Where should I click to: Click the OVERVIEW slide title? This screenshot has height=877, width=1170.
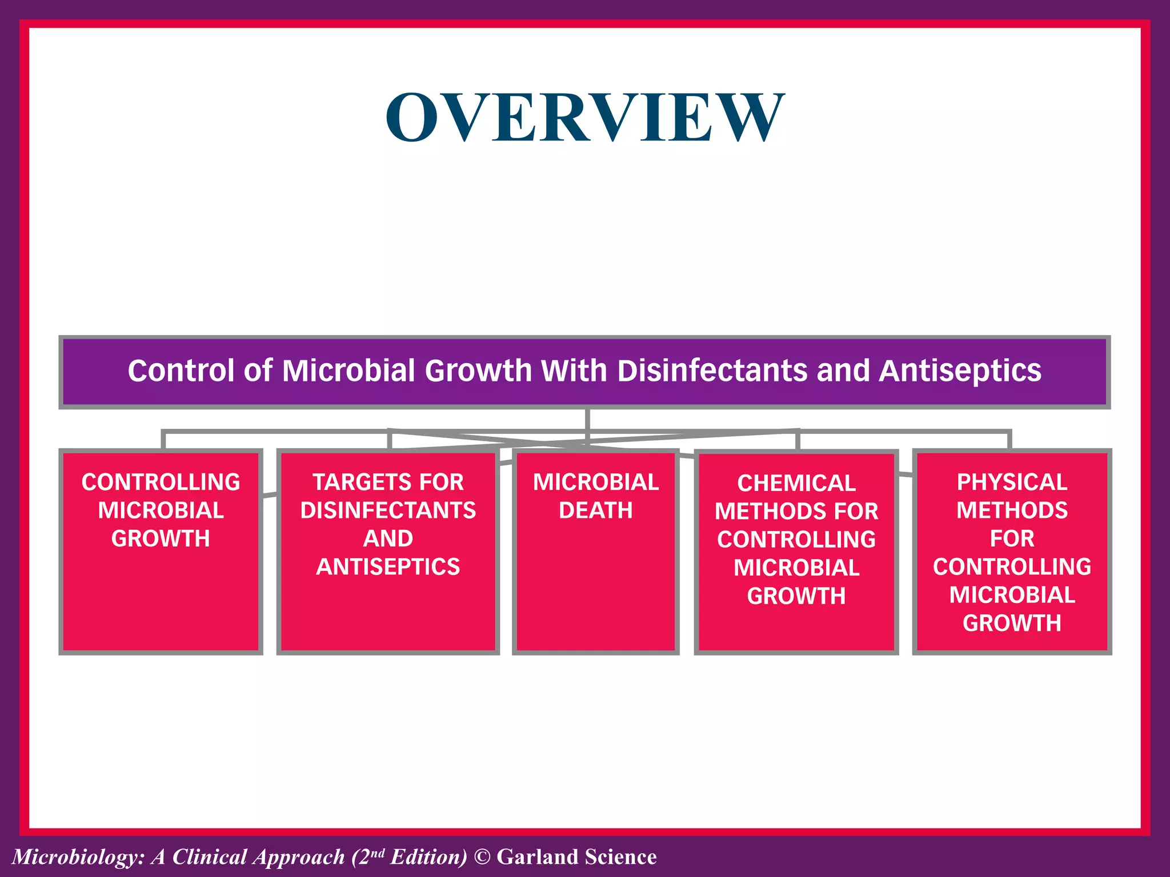click(x=585, y=117)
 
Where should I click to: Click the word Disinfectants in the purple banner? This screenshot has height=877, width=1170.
click(x=712, y=371)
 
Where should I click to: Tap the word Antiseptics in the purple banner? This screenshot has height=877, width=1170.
click(x=960, y=371)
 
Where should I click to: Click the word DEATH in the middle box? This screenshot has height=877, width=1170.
click(x=595, y=510)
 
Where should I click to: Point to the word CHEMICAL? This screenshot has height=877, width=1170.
click(x=796, y=483)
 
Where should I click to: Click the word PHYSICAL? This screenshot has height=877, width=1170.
click(x=1012, y=482)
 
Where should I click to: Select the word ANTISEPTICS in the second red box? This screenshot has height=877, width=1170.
click(x=388, y=566)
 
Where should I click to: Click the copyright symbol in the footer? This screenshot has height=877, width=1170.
click(x=482, y=857)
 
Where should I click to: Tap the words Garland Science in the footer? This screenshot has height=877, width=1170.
click(x=576, y=857)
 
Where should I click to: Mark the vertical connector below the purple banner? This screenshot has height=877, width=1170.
click(x=587, y=420)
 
